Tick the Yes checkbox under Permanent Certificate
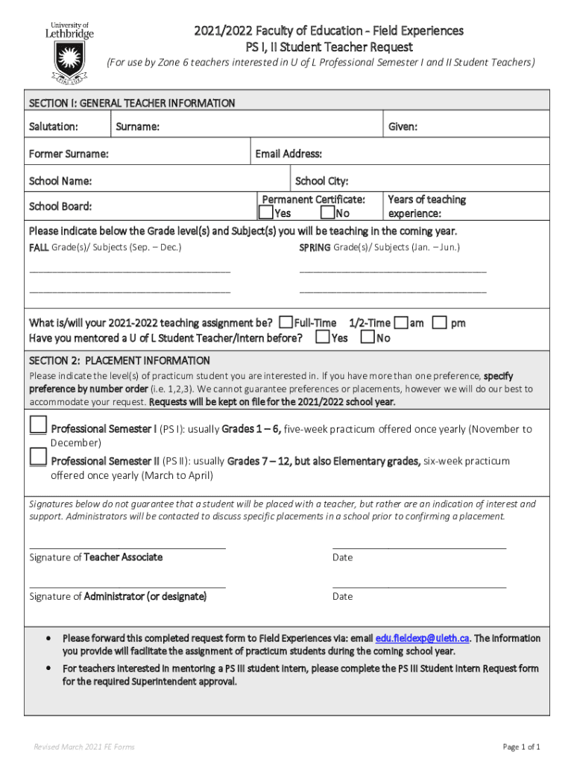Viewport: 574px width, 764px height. [266, 213]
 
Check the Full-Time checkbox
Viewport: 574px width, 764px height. [286, 322]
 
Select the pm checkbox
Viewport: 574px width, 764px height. [440, 322]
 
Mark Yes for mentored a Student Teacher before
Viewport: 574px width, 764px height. [322, 338]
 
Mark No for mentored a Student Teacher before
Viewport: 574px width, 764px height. [368, 338]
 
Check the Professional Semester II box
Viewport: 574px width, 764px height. [37, 457]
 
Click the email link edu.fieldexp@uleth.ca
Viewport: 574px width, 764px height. [422, 638]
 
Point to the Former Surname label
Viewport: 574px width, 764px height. [69, 154]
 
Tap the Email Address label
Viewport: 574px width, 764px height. [288, 154]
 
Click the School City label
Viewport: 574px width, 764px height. [322, 181]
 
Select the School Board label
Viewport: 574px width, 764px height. [60, 207]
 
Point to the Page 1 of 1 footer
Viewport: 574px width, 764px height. [522, 747]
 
